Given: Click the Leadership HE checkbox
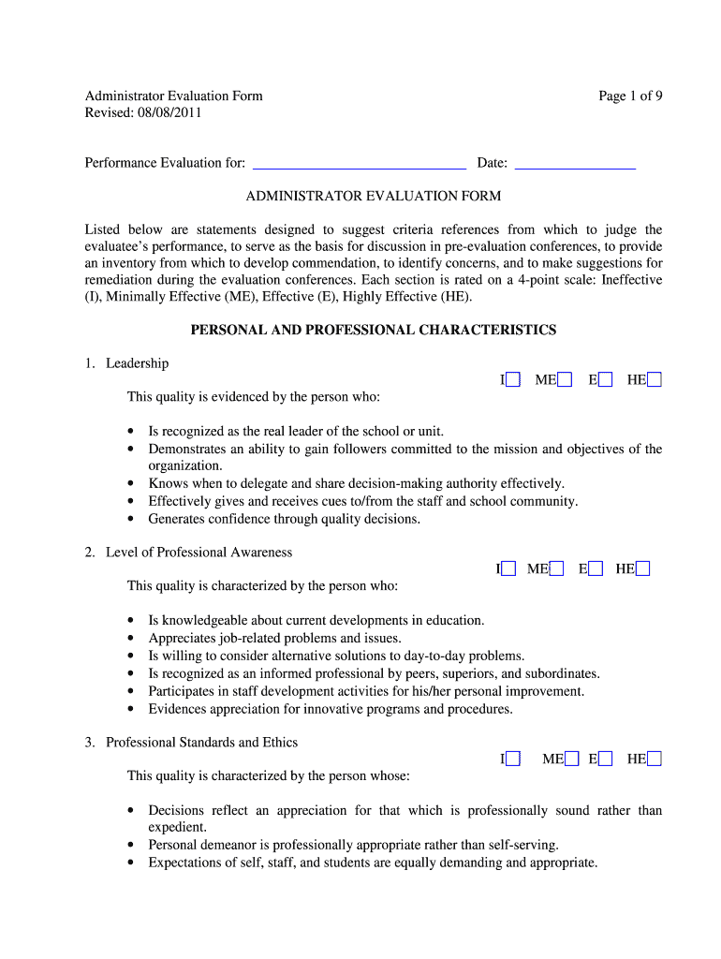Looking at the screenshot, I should pyautogui.click(x=655, y=379).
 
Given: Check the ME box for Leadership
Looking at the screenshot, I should pyautogui.click(x=565, y=379).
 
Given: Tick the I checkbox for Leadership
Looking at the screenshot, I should pyautogui.click(x=512, y=379).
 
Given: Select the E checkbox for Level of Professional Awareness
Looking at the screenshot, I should pyautogui.click(x=596, y=568).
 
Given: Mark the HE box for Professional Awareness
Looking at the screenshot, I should pyautogui.click(x=643, y=568).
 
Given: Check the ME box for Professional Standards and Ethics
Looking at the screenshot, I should pyautogui.click(x=572, y=759).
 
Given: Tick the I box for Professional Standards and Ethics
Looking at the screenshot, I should pyautogui.click(x=512, y=759).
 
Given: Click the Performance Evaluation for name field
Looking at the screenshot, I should pyautogui.click(x=360, y=163).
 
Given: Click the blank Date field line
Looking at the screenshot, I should pyautogui.click(x=575, y=163).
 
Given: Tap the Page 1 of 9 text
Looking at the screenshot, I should pyautogui.click(x=631, y=96).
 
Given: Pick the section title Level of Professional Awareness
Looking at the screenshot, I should pyautogui.click(x=199, y=553).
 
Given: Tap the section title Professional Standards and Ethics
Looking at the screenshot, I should pyautogui.click(x=201, y=743).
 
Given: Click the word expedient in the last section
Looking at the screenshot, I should pyautogui.click(x=176, y=827).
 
